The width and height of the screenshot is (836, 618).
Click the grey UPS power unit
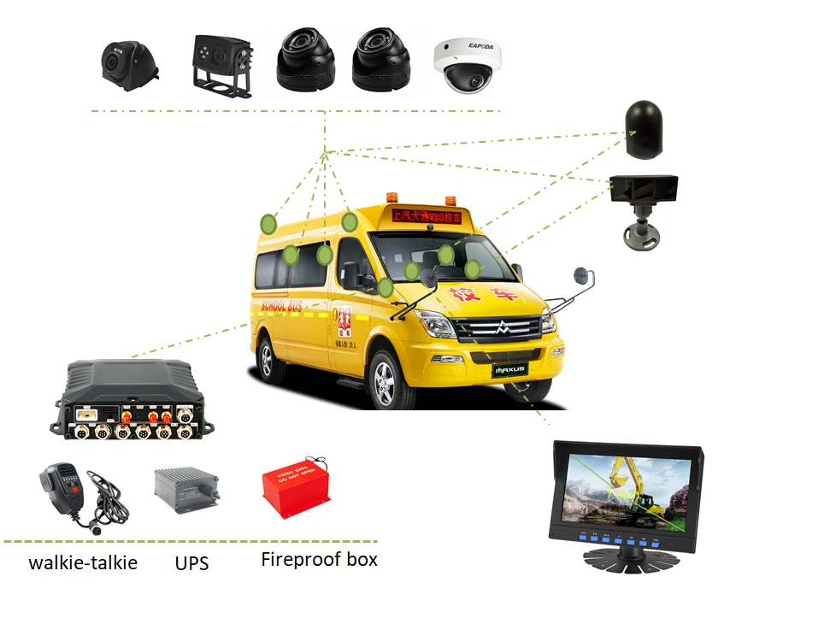pyautogui.click(x=185, y=490)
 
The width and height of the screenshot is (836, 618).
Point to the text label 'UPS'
pyautogui.click(x=191, y=563)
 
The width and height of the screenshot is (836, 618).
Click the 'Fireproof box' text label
pyautogui.click(x=319, y=560)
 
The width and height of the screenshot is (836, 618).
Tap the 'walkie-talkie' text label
pyautogui.click(x=83, y=563)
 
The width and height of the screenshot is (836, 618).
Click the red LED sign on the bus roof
pyautogui.click(x=426, y=217)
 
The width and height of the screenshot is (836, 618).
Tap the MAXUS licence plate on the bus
pyautogui.click(x=510, y=370)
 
